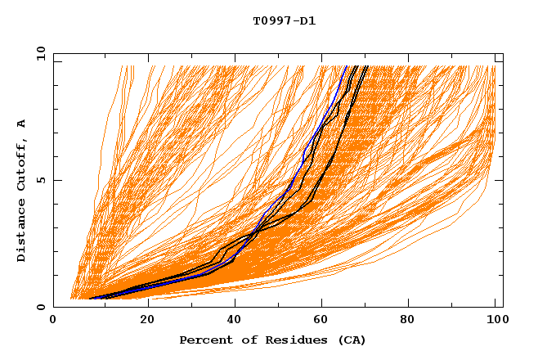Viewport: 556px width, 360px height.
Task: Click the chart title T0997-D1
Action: pyautogui.click(x=284, y=20)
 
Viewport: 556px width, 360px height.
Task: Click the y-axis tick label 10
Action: pyautogui.click(x=39, y=54)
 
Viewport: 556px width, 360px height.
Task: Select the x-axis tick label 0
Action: pyautogui.click(x=53, y=322)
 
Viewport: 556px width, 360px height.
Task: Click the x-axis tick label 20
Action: pyautogui.click(x=147, y=322)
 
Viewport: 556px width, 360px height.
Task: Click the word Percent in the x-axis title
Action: pyautogui.click(x=204, y=340)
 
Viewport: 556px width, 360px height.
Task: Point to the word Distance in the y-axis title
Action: pyautogui.click(x=21, y=235)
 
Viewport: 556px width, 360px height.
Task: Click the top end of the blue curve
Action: pyautogui.click(x=346, y=66)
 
